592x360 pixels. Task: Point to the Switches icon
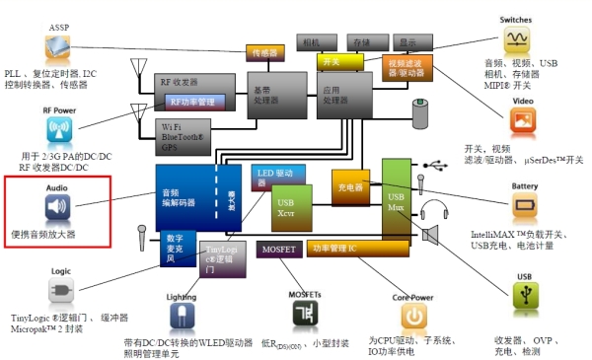[518, 39]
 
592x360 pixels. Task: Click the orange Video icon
[523, 120]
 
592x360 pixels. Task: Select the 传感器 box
[265, 50]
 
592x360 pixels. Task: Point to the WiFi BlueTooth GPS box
[194, 135]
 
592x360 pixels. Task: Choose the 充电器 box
[350, 186]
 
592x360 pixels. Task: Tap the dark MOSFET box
[278, 251]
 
